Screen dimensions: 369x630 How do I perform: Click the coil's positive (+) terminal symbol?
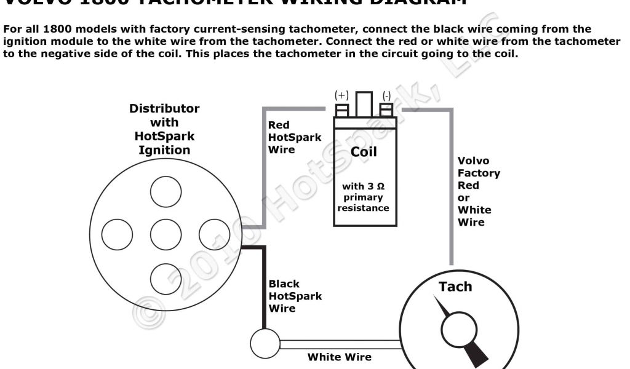(341, 96)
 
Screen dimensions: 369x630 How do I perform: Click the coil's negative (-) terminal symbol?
(386, 96)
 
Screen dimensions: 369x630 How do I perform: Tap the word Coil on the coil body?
(363, 151)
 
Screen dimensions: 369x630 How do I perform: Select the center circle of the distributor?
(165, 235)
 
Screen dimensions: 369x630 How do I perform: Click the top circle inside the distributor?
(165, 191)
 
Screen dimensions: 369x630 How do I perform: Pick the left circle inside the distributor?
(117, 235)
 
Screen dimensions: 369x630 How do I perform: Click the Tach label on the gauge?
(455, 287)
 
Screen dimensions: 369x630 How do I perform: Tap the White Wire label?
(340, 357)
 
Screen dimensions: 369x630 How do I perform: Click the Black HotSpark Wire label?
(295, 296)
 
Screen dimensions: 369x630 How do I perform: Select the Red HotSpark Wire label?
(294, 137)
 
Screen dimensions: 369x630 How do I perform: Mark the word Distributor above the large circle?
(164, 109)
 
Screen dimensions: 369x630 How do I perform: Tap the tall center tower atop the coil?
(364, 105)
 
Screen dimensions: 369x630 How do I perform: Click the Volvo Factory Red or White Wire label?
(478, 191)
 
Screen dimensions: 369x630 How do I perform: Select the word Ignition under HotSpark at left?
(164, 149)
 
